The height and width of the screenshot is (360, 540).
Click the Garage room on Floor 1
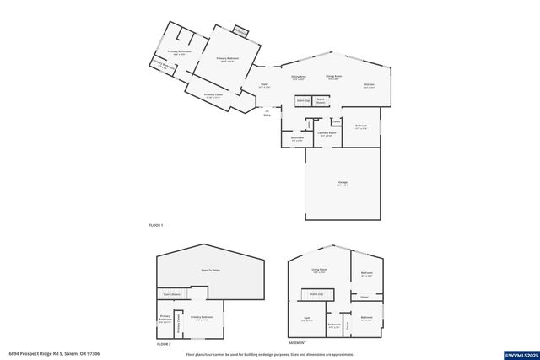pyautogui.click(x=343, y=183)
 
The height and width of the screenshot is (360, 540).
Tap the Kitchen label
pyautogui.click(x=369, y=85)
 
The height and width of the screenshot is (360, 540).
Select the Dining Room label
pyautogui.click(x=333, y=78)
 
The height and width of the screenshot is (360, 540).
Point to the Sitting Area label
pyautogui.click(x=299, y=78)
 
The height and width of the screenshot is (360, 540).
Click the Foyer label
pyautogui.click(x=264, y=85)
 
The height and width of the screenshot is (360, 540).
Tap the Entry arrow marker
pyautogui.click(x=267, y=111)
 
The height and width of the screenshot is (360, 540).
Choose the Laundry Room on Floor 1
pyautogui.click(x=327, y=133)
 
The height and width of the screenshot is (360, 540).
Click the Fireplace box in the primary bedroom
pyautogui.click(x=240, y=33)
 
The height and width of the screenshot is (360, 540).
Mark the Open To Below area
pyautogui.click(x=210, y=270)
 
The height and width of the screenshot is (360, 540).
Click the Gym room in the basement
pyautogui.click(x=307, y=319)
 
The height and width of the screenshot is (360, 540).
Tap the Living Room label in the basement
pyautogui.click(x=319, y=270)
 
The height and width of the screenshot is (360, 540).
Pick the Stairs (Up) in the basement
pyautogui.click(x=317, y=293)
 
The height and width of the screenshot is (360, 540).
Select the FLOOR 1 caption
pyautogui.click(x=155, y=226)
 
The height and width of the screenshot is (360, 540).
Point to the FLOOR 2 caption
pyautogui.click(x=164, y=344)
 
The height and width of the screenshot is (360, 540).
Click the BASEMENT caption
pyautogui.click(x=297, y=344)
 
